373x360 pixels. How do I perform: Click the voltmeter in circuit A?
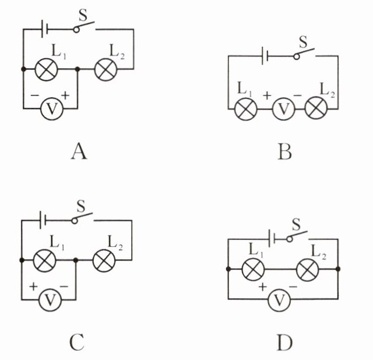51,108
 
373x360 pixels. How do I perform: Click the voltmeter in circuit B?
284,109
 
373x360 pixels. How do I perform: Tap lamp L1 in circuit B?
245,109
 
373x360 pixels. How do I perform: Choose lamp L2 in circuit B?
316,109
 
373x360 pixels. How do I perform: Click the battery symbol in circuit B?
266,56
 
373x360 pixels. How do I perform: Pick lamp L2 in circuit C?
104,260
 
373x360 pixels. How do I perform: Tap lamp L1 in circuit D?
253,269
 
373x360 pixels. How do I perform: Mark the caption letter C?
78,343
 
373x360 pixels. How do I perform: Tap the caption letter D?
284,343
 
